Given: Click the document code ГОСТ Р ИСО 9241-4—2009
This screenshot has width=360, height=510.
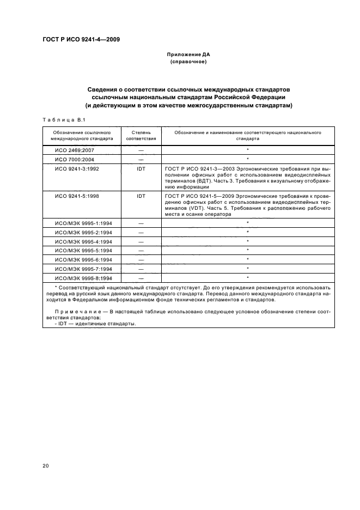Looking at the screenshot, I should tap(81, 39).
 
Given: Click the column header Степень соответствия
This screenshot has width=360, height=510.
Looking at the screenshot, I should tap(141, 135).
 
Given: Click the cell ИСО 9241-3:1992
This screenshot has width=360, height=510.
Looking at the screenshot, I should tap(77, 169).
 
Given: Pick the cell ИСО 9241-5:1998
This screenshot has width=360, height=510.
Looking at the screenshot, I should tap(77, 195).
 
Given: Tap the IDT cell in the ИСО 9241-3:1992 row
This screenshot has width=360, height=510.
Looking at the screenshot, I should tap(141, 169).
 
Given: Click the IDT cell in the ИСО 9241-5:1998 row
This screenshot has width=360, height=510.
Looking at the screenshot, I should tap(141, 195).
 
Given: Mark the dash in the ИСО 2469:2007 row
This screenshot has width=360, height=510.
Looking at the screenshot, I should tap(141, 149).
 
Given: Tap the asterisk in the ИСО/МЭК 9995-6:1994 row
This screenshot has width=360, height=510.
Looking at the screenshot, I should tap(248, 260).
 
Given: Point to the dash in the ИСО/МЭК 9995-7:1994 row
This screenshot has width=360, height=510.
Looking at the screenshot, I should tap(141, 269).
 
